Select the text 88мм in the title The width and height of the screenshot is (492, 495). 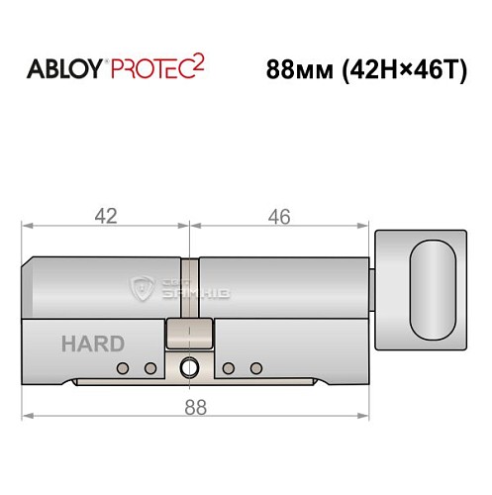[x=300, y=72]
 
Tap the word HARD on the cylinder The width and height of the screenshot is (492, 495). [x=92, y=344]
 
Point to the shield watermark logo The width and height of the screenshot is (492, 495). [x=142, y=289]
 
